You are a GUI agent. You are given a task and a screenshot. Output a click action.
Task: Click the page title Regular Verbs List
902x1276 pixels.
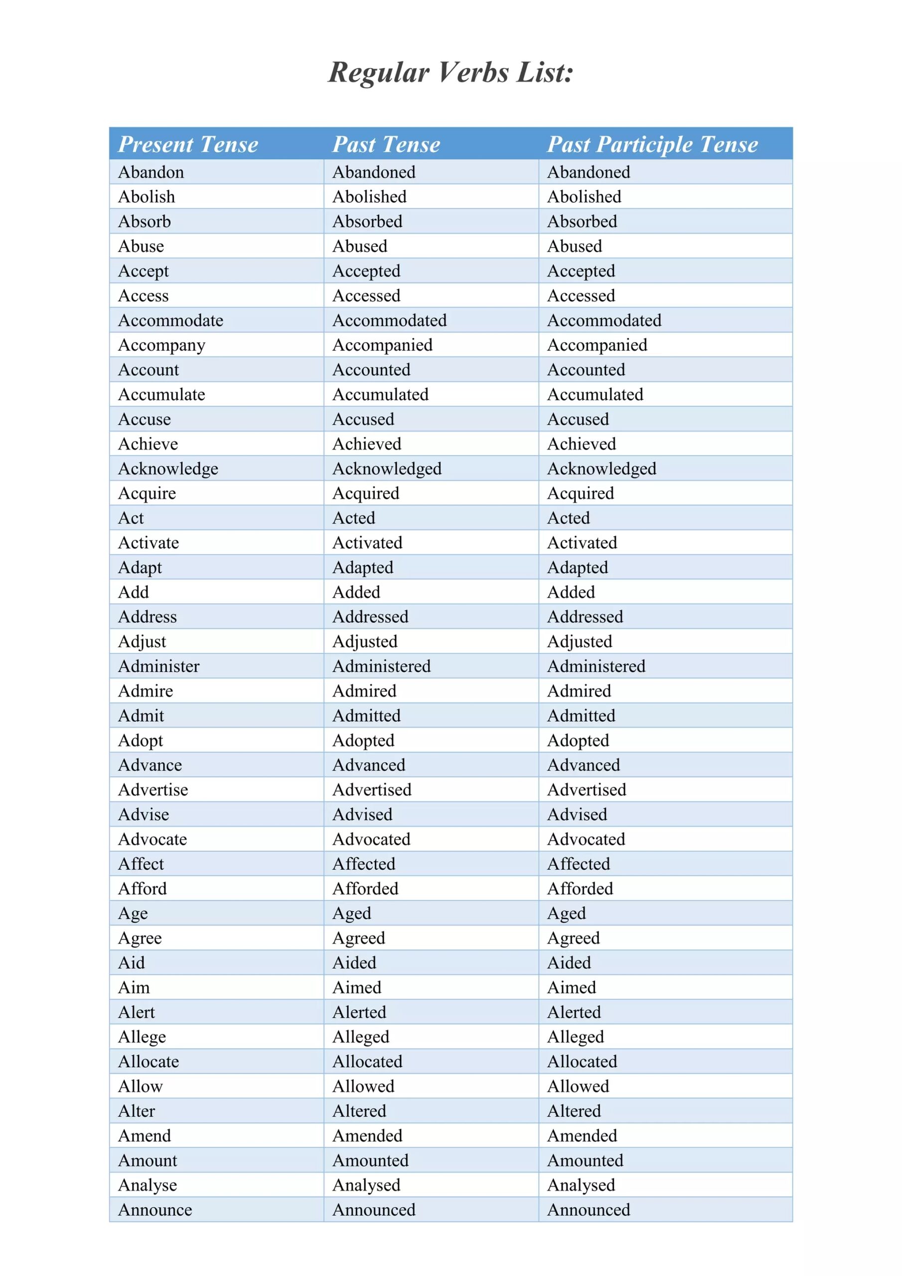click(450, 73)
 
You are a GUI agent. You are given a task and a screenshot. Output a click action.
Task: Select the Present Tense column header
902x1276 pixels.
click(188, 145)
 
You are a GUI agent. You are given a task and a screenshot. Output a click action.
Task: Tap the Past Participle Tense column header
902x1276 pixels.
click(652, 145)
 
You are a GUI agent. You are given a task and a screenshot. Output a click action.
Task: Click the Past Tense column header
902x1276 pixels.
click(386, 145)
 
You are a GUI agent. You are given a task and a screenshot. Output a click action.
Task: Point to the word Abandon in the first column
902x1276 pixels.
click(150, 172)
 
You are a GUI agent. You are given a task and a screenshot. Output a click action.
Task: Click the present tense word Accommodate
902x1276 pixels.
click(170, 320)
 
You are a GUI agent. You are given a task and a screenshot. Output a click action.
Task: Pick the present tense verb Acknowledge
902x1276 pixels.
click(168, 469)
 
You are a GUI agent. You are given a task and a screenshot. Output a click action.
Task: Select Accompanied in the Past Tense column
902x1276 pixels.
click(382, 345)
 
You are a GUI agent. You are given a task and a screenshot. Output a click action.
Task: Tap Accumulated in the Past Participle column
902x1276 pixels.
click(595, 395)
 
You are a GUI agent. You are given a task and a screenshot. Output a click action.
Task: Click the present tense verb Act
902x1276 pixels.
click(131, 518)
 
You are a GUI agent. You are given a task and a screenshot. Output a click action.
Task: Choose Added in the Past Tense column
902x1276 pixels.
click(356, 593)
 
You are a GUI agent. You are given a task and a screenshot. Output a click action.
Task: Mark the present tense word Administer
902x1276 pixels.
click(158, 666)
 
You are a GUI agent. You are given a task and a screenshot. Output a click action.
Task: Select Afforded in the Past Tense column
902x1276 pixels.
click(365, 889)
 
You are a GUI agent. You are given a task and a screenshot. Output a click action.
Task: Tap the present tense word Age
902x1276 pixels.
click(133, 914)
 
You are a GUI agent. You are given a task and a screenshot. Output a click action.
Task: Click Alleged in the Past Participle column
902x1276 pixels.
click(575, 1037)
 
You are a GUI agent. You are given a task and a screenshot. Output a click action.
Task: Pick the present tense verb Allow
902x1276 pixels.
click(140, 1087)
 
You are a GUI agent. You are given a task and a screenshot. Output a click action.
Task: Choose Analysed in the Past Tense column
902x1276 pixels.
click(366, 1185)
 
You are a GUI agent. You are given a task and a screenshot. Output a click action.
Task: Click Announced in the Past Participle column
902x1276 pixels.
click(589, 1210)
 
